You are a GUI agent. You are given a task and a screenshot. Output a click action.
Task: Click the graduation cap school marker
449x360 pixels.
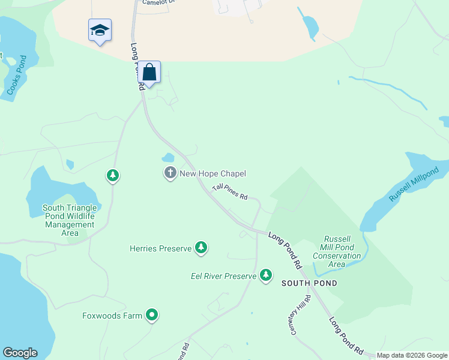point(100,30)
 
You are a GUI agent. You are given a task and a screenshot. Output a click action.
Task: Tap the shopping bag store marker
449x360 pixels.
point(149,73)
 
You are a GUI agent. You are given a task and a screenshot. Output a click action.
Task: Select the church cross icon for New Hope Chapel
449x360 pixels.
point(170,173)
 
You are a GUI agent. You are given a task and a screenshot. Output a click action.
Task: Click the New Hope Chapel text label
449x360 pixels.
point(213,174)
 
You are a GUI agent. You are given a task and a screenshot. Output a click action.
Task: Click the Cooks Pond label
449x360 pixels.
point(16,75)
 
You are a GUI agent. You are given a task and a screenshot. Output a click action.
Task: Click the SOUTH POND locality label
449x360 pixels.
point(309,283)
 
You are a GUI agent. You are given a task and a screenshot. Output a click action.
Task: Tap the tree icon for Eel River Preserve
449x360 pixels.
point(266,275)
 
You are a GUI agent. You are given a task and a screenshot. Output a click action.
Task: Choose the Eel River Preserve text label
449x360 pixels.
point(223,276)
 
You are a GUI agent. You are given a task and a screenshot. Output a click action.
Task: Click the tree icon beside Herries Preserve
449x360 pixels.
point(201,247)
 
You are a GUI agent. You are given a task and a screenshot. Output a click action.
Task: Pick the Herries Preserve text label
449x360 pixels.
point(160,248)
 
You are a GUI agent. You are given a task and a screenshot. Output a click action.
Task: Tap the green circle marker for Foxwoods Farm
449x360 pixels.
point(152,314)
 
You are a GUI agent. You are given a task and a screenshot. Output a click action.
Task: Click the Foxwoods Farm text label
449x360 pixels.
point(112,316)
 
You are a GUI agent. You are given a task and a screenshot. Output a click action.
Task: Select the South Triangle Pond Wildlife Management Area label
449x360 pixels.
point(69,220)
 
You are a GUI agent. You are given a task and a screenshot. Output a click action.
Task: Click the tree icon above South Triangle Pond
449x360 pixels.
point(112,175)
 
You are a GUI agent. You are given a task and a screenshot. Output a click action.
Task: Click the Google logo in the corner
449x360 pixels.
point(20,353)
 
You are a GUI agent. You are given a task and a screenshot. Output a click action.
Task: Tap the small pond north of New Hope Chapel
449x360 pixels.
point(167,158)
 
